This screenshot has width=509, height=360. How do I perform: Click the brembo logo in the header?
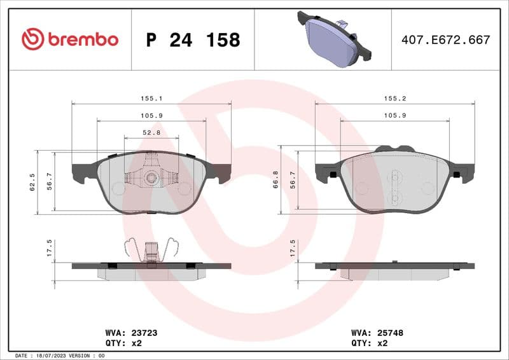tap(70, 39)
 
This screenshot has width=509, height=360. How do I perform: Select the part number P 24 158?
tap(193, 40)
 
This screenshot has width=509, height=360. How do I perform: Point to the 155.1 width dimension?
tap(151, 99)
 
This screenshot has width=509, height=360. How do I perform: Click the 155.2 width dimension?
tap(394, 99)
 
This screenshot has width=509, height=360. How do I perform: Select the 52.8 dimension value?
tap(151, 132)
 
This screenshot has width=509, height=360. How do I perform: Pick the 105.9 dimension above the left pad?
tap(151, 115)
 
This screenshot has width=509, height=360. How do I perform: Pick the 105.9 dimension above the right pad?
tap(394, 115)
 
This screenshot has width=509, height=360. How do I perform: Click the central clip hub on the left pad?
tap(151, 177)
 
